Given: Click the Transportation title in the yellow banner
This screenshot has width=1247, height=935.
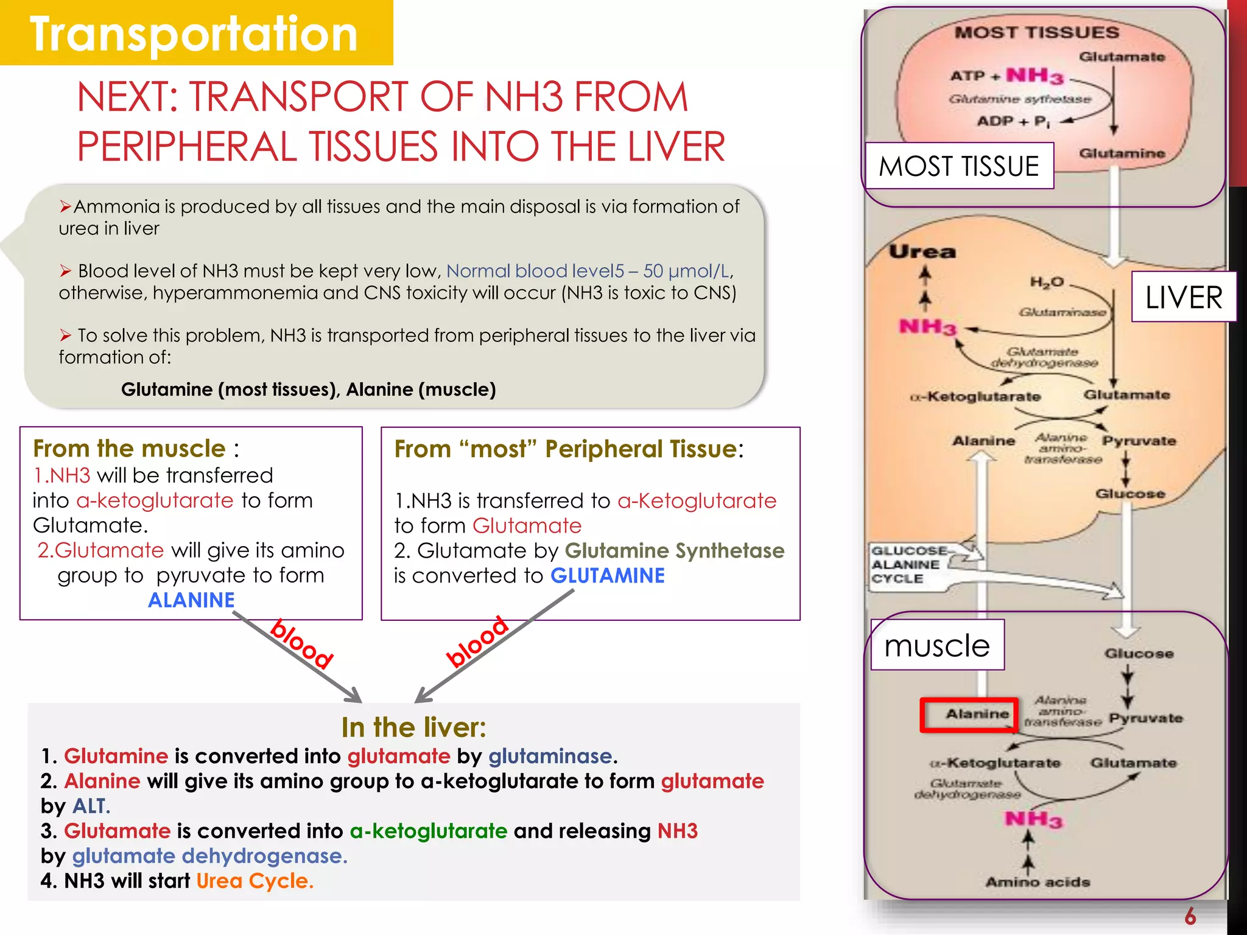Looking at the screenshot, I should click(x=194, y=34).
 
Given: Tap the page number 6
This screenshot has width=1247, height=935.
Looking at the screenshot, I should click(x=1190, y=916).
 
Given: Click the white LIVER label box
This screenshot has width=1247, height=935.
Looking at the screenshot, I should click(x=1183, y=298).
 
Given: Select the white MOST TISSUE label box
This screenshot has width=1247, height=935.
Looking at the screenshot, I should click(x=959, y=166).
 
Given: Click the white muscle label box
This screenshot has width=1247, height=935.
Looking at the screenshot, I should click(x=937, y=646).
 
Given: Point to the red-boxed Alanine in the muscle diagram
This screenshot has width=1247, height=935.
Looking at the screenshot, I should click(x=977, y=714).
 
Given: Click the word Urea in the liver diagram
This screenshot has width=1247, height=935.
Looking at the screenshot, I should click(x=922, y=252).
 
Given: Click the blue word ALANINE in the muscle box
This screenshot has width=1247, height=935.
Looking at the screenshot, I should click(x=191, y=600).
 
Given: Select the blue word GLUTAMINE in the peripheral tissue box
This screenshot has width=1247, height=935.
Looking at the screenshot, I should click(x=607, y=576).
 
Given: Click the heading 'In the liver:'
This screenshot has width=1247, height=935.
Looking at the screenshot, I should click(x=413, y=727).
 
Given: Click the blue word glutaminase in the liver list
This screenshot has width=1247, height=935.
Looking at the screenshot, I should click(x=550, y=756).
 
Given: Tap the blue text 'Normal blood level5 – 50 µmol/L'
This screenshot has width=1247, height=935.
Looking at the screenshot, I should click(x=588, y=271).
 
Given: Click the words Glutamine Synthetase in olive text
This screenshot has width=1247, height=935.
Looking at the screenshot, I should click(x=674, y=551).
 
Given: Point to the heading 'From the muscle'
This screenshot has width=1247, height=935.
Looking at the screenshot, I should click(x=129, y=449).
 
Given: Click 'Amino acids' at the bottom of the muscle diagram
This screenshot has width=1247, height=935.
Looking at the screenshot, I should click(x=1038, y=882).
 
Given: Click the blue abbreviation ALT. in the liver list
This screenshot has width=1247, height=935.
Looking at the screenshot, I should click(x=91, y=806).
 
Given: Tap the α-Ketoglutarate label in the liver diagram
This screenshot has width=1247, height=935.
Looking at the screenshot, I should click(x=975, y=397).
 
